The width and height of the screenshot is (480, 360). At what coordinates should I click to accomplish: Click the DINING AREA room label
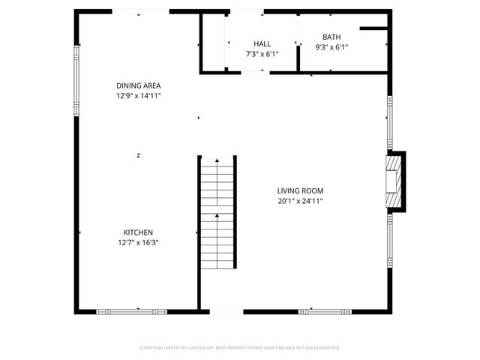(138, 85)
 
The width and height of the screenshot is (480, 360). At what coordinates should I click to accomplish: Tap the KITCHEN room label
(138, 232)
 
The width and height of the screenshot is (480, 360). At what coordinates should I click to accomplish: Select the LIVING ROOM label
(300, 190)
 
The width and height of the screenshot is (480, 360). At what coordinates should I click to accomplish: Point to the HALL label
(262, 44)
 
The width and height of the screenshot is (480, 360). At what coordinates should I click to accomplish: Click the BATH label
(331, 37)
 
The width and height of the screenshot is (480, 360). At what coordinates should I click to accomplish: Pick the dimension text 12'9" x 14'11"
(138, 96)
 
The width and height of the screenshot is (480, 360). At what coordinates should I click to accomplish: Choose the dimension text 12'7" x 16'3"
(138, 242)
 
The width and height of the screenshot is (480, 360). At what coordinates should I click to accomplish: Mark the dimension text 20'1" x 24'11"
(300, 201)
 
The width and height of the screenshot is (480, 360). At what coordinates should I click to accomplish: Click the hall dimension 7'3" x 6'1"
(262, 54)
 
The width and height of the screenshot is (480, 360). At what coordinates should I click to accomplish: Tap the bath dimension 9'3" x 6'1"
(331, 46)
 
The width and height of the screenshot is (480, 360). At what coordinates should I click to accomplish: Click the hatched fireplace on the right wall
(394, 180)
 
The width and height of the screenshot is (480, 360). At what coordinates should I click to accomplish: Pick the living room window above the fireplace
(389, 124)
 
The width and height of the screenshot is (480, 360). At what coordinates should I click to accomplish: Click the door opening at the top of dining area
(140, 12)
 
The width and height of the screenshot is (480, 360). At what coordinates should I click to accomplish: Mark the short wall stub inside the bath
(373, 29)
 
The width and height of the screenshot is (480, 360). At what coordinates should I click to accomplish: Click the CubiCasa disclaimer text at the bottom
(240, 348)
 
